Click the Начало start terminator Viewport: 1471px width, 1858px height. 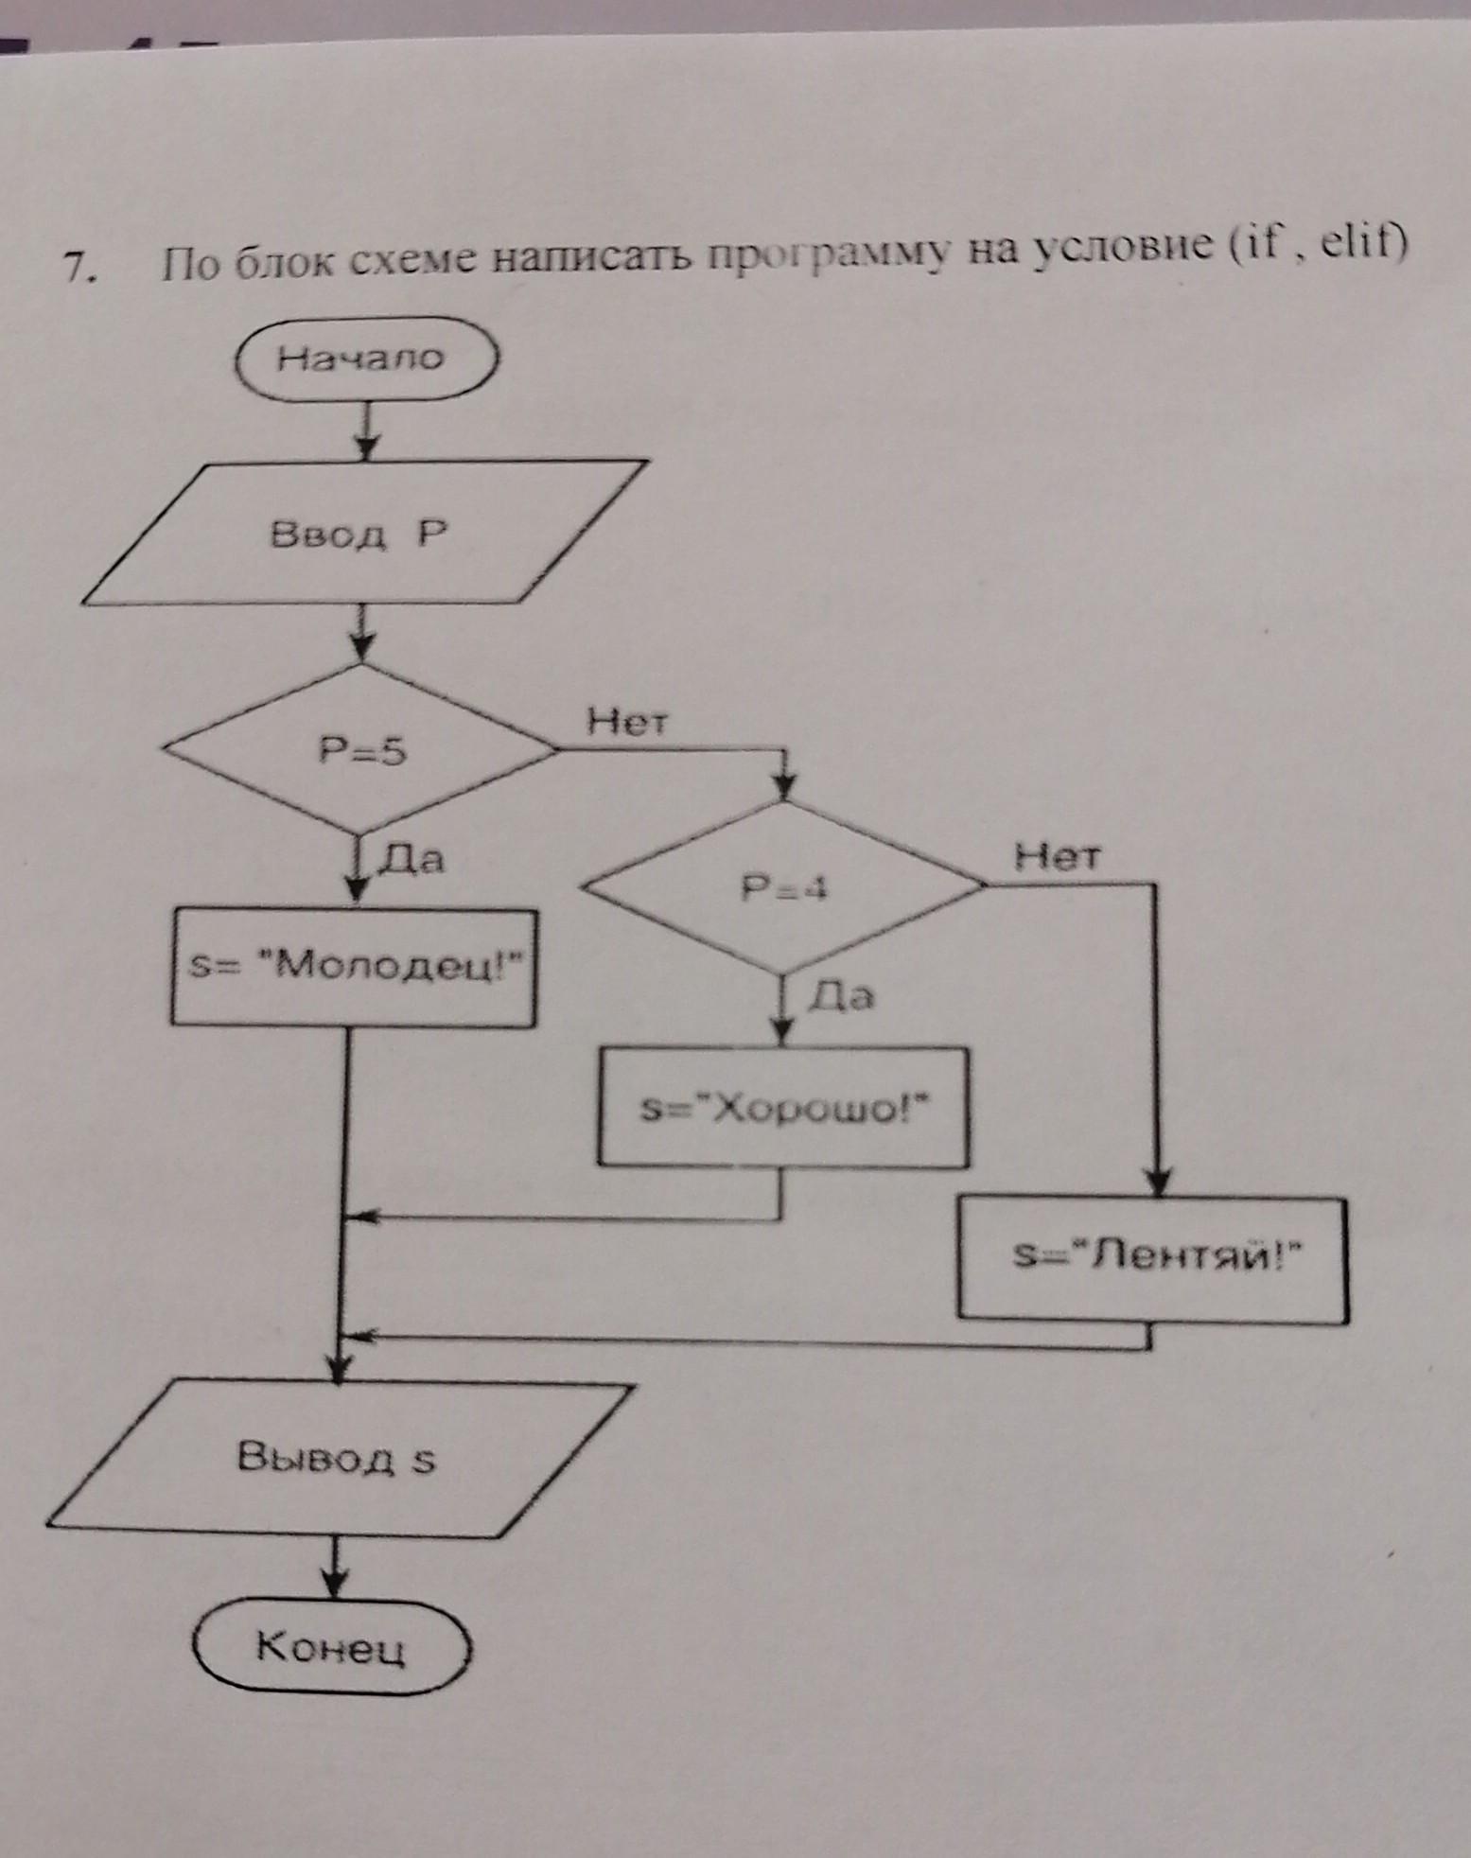[x=364, y=359]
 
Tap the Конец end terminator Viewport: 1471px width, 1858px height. [x=331, y=1647]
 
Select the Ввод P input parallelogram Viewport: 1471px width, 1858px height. [x=364, y=533]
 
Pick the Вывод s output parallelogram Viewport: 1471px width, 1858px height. [x=338, y=1457]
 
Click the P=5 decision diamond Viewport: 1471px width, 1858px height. [x=360, y=750]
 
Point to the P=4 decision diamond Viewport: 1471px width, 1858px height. [x=783, y=887]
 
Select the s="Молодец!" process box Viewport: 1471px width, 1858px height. [x=354, y=967]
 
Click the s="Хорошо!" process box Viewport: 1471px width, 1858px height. [x=783, y=1107]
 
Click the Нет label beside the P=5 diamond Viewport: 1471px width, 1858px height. [x=627, y=723]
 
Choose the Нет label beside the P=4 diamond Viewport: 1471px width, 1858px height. [x=1058, y=857]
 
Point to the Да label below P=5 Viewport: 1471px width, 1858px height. [x=412, y=859]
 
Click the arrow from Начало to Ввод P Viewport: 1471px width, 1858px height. [x=366, y=430]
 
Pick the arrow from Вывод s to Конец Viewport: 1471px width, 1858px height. [x=334, y=1568]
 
